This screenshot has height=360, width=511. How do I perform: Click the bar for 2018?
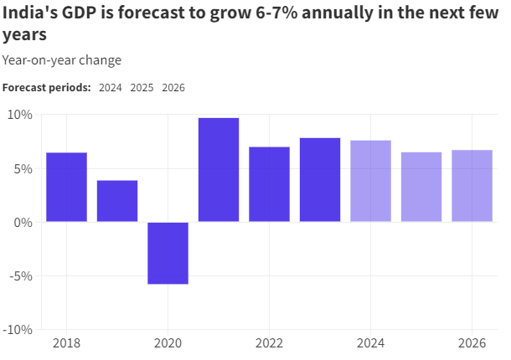(x=66, y=188)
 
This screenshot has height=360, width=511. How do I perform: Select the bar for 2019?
(x=117, y=201)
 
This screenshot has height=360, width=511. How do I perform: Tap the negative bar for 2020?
(x=168, y=253)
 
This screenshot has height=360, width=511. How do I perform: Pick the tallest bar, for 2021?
(x=219, y=170)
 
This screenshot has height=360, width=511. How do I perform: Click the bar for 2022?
(x=269, y=184)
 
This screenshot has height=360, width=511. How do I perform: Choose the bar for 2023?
(x=320, y=180)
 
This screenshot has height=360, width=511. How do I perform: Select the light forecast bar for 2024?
(x=370, y=181)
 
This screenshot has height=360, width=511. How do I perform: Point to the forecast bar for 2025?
(x=421, y=187)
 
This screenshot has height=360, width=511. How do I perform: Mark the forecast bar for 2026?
(x=472, y=186)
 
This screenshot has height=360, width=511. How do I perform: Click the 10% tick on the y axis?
(x=20, y=115)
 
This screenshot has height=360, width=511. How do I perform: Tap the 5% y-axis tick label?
(x=23, y=168)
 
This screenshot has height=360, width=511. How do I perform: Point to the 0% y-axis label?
(x=23, y=223)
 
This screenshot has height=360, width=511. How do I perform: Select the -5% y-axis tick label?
(x=21, y=276)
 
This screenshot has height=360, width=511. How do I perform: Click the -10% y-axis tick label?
(x=18, y=330)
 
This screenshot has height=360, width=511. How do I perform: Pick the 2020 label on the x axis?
(x=168, y=343)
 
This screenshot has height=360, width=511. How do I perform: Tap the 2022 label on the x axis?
(x=269, y=343)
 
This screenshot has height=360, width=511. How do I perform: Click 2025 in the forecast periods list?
(x=142, y=88)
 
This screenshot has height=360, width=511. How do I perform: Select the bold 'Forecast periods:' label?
(x=47, y=88)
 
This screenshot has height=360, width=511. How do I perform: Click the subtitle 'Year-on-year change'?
(x=62, y=60)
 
